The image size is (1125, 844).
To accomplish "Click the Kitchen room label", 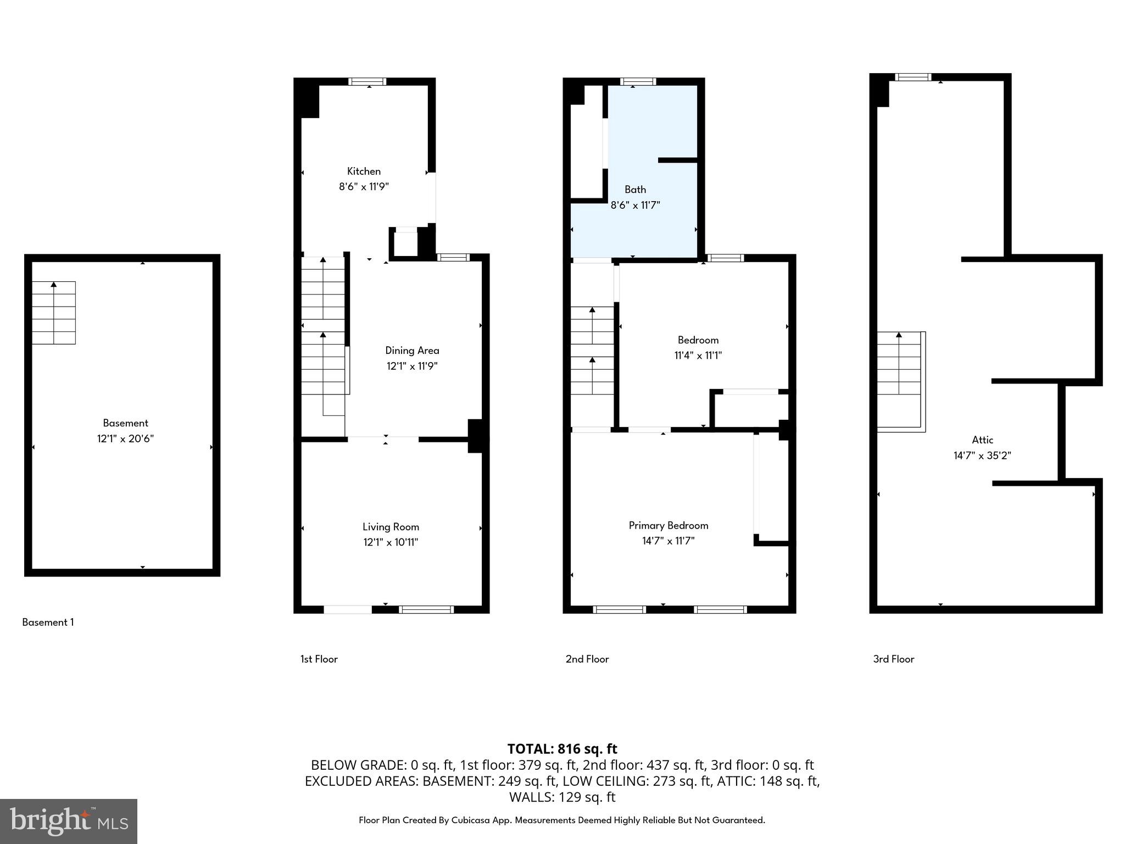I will (364, 171).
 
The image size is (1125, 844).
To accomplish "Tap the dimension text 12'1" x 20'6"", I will (125, 439).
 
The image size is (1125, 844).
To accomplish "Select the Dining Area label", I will (412, 351).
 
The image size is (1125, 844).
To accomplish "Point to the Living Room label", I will (391, 527).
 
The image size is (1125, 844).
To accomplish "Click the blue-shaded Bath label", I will (635, 190).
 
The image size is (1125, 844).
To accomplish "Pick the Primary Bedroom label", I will (668, 526).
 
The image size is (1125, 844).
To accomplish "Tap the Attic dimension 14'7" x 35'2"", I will (982, 456).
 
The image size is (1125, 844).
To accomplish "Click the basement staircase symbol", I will (53, 313).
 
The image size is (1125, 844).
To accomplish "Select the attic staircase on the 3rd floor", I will (900, 379).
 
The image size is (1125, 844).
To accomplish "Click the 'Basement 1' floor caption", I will (48, 623).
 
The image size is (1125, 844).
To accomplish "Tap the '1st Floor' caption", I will (319, 659).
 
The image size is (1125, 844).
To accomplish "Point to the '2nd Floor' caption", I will (587, 659).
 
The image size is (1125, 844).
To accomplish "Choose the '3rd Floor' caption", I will (893, 659).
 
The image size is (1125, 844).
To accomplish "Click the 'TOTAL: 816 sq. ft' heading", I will (562, 749).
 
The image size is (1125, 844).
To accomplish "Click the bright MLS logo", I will (69, 821).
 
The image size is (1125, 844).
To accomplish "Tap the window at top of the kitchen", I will (367, 82).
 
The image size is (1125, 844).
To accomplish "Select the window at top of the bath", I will (638, 82).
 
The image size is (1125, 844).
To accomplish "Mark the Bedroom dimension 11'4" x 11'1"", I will (698, 356).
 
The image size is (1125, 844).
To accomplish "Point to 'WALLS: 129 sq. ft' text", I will (562, 797).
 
